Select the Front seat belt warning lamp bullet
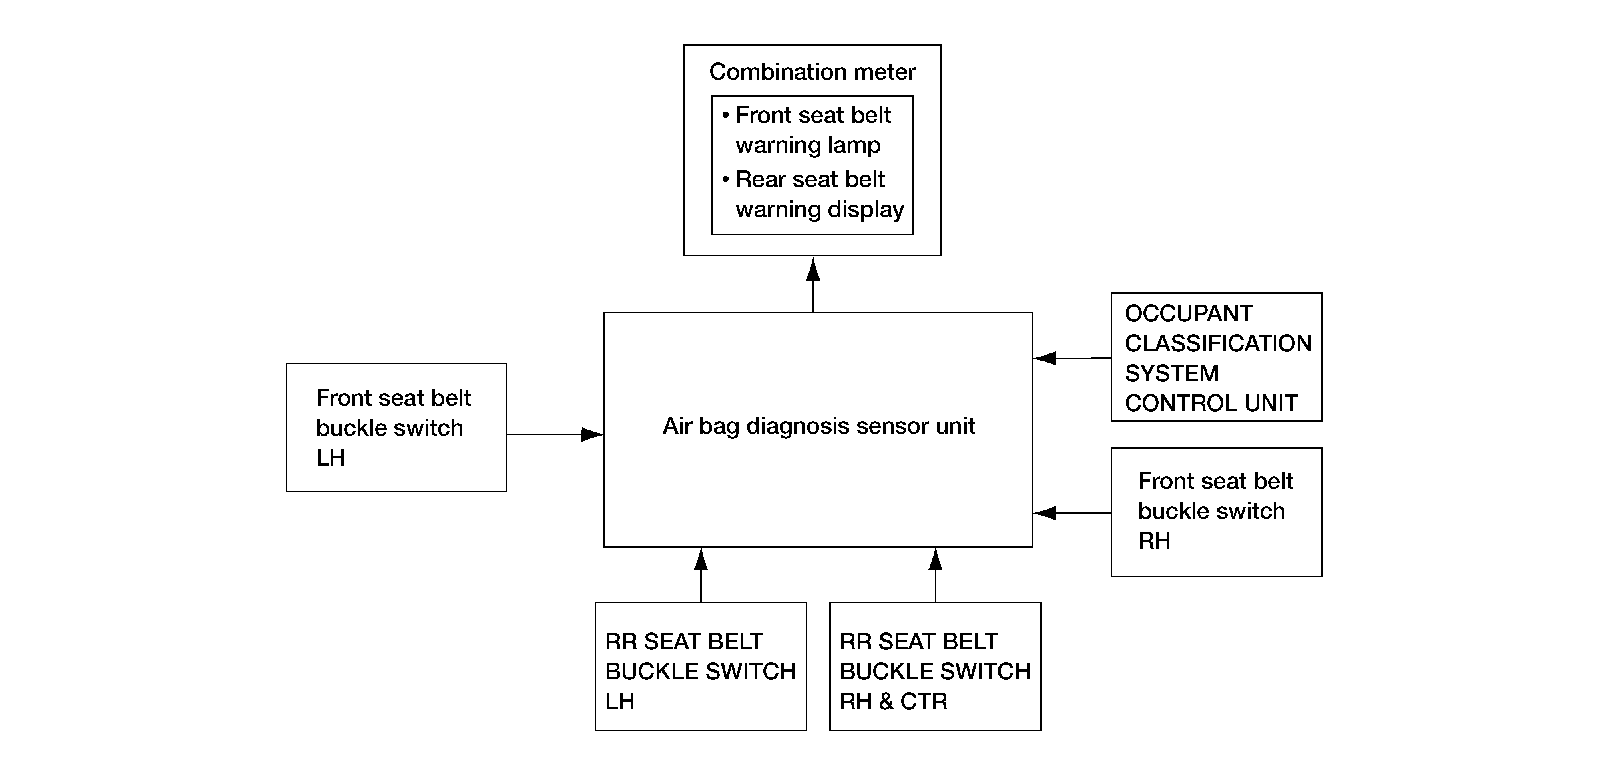pos(807,130)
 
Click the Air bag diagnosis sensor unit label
pos(819,426)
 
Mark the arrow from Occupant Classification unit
pos(1072,358)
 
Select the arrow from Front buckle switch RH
pos(1072,513)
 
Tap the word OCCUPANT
pos(1189,313)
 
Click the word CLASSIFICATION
pos(1218,343)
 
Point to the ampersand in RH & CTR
pos(886,701)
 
